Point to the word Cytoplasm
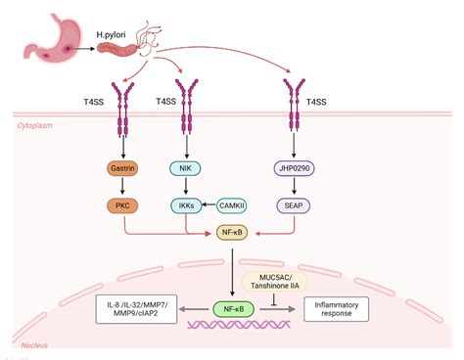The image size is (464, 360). coord(39,127)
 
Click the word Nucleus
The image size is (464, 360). coord(35,344)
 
